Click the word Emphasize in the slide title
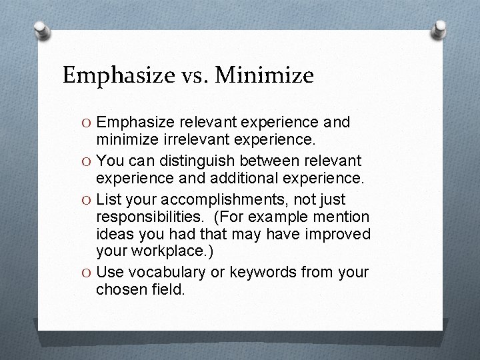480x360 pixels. (x=113, y=75)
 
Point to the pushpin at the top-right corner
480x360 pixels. (x=439, y=29)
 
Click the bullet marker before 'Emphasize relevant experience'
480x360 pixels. (x=86, y=123)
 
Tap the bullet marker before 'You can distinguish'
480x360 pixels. (x=86, y=161)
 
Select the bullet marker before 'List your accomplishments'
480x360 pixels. (x=86, y=199)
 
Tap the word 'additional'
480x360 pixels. (x=248, y=179)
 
